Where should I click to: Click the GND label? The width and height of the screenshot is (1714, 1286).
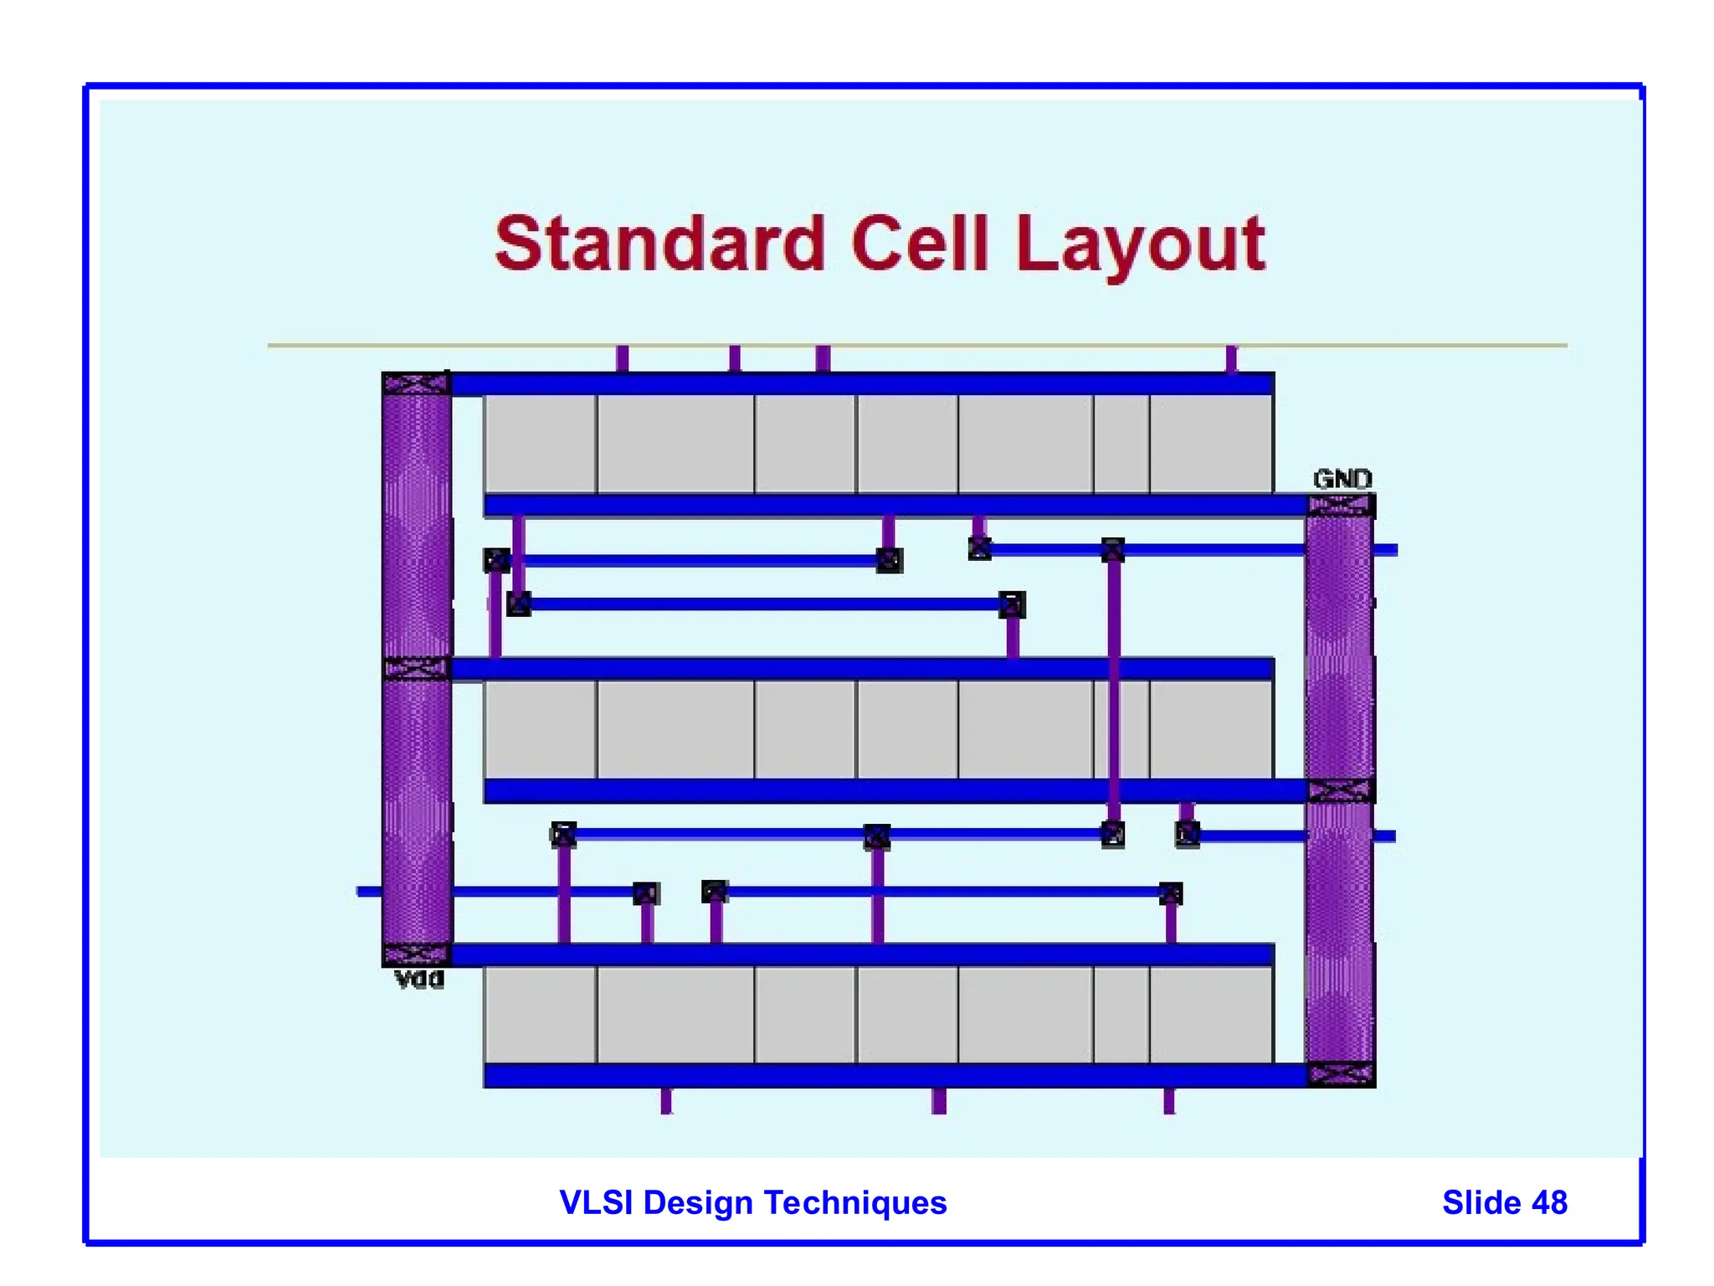point(1342,480)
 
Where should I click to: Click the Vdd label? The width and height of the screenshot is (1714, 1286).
point(418,980)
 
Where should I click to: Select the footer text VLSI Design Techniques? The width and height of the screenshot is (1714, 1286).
point(752,1203)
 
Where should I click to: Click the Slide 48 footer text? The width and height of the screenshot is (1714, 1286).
point(1504,1203)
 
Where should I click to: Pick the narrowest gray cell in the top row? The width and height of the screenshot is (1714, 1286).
point(1121,444)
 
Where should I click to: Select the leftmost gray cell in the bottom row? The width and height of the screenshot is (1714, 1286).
point(540,1015)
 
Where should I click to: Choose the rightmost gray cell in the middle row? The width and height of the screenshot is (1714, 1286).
point(1211,729)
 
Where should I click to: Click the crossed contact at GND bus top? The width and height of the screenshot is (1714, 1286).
point(1341,505)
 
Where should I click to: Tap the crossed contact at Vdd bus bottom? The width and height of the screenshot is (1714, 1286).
point(416,954)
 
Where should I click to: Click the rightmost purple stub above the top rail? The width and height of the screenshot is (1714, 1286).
point(1231,358)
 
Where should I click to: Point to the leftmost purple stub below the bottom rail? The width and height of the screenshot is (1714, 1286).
point(666,1101)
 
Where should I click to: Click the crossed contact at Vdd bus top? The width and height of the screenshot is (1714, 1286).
point(416,384)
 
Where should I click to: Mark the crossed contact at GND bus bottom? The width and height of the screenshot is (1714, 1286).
point(1341,1074)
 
